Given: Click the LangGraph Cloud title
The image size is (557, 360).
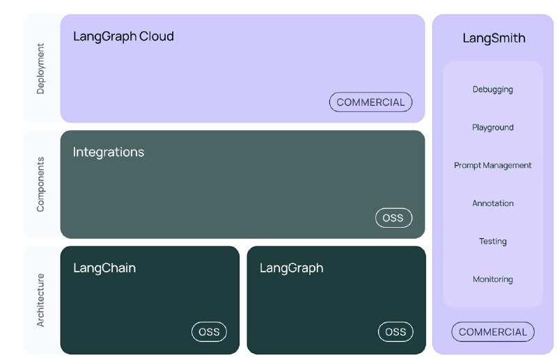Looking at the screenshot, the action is (123, 37).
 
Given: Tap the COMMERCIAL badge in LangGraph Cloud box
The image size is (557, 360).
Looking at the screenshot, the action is (370, 102).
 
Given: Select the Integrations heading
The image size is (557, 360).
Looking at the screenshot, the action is (109, 152).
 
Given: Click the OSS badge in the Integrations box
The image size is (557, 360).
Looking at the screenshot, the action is (393, 218).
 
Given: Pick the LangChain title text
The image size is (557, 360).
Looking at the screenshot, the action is (104, 267).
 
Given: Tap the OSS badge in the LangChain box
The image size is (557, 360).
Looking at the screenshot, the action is (209, 332).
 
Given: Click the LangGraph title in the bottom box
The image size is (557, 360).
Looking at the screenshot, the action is (291, 268).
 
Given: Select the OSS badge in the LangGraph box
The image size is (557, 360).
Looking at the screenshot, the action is (395, 332).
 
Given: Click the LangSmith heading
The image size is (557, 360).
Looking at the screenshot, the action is (494, 38).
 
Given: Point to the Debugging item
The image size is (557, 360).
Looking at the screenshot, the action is (493, 90).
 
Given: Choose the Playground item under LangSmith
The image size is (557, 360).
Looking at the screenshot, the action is (493, 127).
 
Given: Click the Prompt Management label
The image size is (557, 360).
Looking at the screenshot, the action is (493, 165).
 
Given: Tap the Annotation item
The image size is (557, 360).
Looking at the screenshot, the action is (493, 203).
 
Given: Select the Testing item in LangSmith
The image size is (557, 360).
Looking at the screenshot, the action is (493, 242).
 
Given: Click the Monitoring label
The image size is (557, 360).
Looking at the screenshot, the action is (493, 279).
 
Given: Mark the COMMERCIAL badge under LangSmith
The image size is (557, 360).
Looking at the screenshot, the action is (493, 332).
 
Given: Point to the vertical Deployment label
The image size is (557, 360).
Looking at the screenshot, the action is (40, 69).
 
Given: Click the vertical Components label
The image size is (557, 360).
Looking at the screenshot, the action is (40, 185).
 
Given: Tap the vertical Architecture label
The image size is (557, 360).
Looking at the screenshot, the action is (40, 300).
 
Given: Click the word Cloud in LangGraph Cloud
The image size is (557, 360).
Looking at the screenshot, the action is (156, 36).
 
